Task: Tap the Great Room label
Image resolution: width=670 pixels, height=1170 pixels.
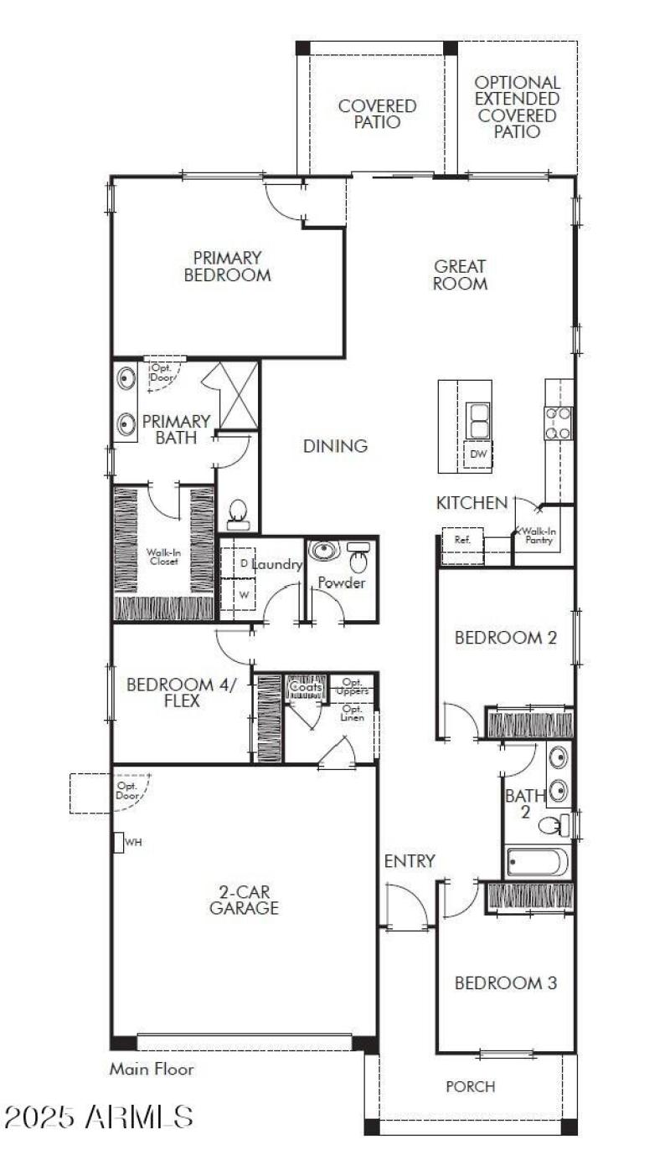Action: [x=460, y=275]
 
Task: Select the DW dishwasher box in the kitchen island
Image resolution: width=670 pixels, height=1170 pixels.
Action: [x=478, y=454]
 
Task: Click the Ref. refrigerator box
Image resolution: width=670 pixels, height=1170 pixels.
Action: [x=462, y=540]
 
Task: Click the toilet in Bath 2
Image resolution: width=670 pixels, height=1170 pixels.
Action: [x=554, y=826]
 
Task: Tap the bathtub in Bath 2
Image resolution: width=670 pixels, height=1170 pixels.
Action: [x=538, y=862]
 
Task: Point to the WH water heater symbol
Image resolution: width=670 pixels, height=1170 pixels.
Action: [x=119, y=842]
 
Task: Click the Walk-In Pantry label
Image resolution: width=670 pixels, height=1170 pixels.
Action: [x=539, y=536]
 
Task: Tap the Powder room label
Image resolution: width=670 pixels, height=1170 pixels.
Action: [x=342, y=582]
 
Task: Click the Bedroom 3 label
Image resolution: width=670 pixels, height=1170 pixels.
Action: [x=505, y=983]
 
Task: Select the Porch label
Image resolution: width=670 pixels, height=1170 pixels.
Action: [x=470, y=1086]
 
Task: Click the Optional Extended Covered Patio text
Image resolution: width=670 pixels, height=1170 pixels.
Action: [x=517, y=107]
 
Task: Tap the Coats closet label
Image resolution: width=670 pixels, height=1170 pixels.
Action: [x=305, y=687]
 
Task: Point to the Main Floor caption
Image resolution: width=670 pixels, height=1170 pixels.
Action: [x=152, y=1069]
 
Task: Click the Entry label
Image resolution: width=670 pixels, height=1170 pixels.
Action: [x=409, y=861]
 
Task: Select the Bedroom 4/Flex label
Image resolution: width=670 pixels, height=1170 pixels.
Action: [x=182, y=693]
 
